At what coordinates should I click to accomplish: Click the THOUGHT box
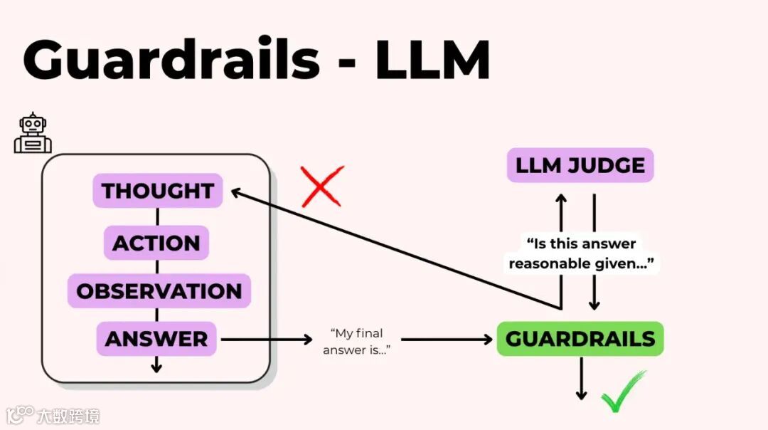click(157, 191)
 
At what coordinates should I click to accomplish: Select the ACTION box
click(156, 243)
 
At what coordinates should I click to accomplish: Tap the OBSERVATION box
click(159, 291)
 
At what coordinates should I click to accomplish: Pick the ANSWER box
click(156, 339)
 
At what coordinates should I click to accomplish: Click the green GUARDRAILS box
click(580, 339)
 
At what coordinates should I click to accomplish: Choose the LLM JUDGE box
click(580, 166)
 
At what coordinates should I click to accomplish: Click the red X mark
click(322, 187)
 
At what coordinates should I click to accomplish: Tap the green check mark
click(624, 392)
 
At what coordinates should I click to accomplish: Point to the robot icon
click(33, 133)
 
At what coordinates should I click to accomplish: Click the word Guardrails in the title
click(171, 60)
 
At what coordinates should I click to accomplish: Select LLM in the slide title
click(432, 60)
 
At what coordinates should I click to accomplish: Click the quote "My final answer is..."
click(357, 341)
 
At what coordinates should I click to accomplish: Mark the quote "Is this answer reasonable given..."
click(581, 253)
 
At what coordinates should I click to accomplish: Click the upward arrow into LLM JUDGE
click(561, 214)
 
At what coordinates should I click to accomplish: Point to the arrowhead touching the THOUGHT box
click(238, 192)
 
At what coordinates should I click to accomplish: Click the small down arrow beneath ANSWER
click(156, 365)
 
